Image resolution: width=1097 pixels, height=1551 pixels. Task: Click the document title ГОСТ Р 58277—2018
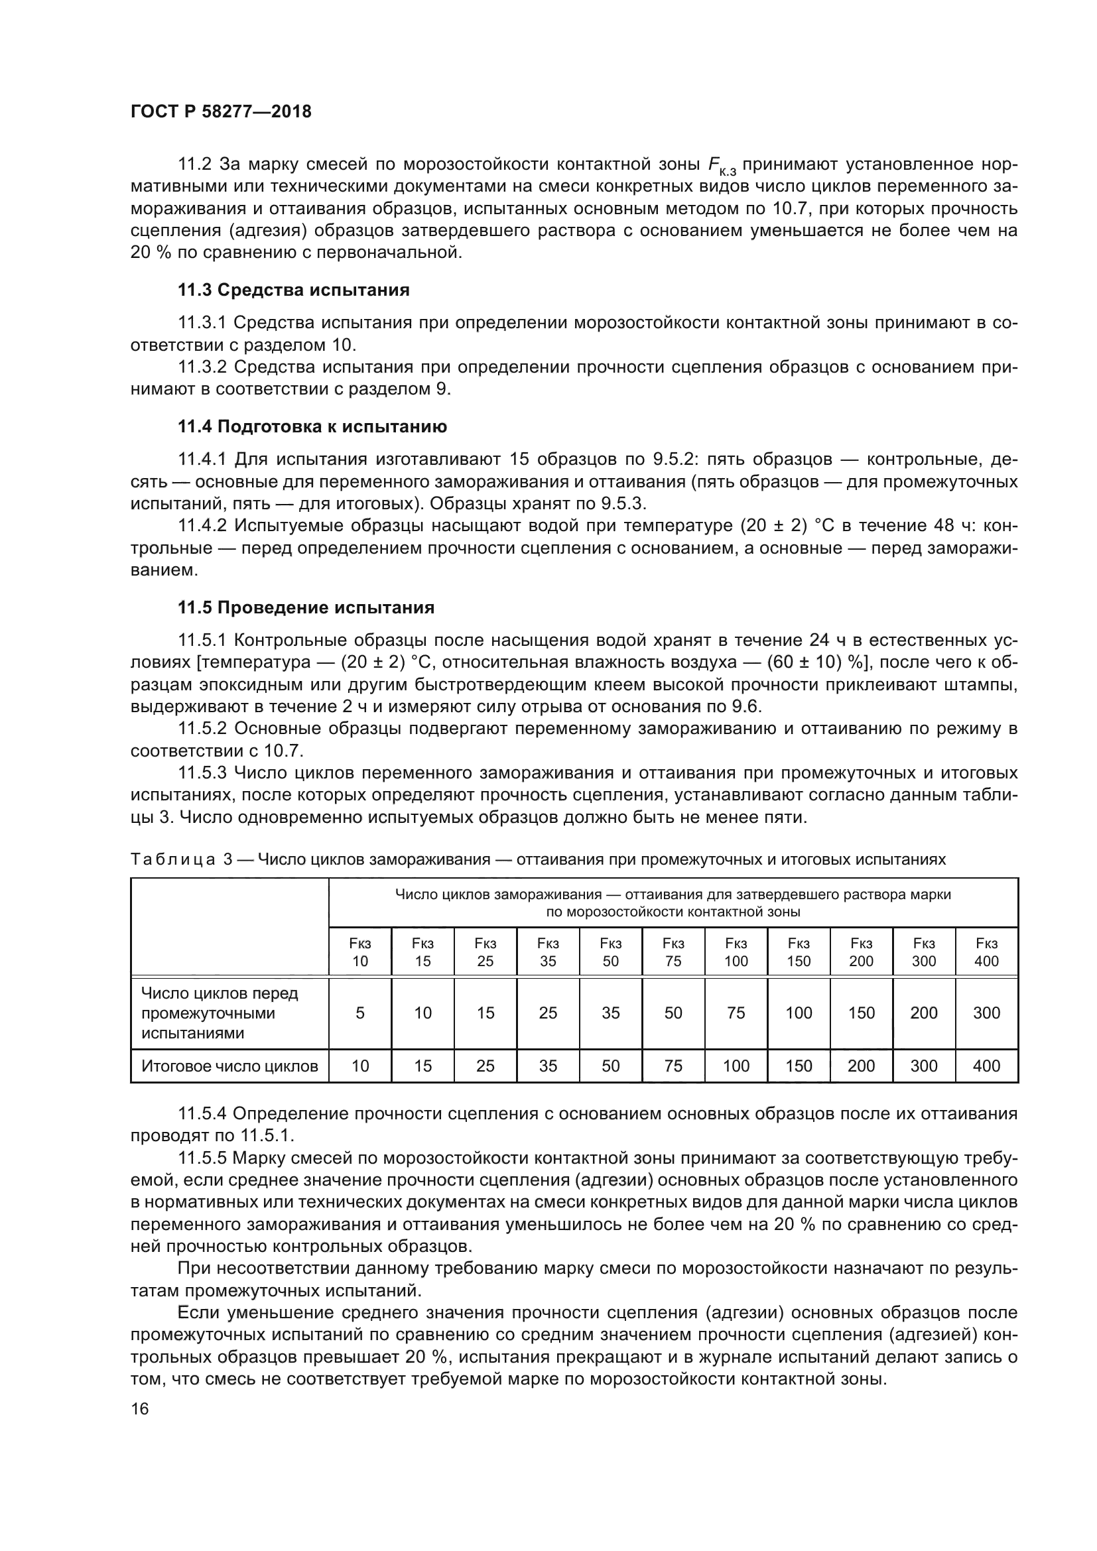click(221, 111)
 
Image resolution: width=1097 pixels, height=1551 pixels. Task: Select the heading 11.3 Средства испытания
click(293, 290)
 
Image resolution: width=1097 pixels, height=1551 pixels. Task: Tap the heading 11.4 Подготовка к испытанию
click(312, 426)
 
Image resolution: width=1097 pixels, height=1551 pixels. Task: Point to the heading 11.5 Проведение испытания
click(305, 607)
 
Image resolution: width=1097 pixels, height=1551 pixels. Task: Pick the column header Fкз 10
click(360, 952)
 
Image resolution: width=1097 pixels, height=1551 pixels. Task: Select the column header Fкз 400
click(986, 952)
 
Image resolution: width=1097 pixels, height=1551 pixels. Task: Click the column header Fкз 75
click(673, 952)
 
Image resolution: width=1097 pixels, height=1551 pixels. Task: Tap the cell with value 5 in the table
click(360, 1013)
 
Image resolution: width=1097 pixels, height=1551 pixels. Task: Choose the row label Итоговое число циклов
click(229, 1066)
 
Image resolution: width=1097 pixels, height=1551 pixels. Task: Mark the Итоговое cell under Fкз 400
click(986, 1066)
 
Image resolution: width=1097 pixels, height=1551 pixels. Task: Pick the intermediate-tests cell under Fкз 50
click(611, 1013)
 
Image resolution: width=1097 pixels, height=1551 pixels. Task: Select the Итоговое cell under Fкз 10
click(360, 1066)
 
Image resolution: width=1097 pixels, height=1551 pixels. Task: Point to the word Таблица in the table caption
click(173, 860)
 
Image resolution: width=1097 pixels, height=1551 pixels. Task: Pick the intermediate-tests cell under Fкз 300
click(923, 1013)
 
